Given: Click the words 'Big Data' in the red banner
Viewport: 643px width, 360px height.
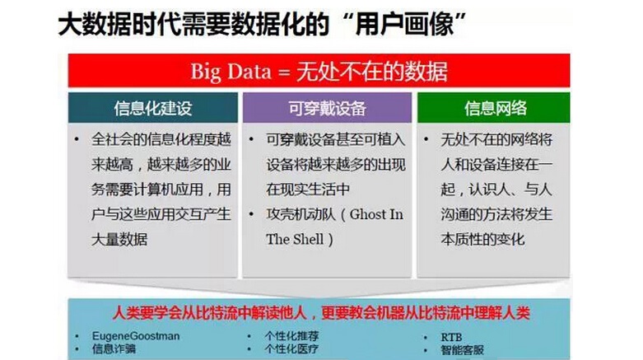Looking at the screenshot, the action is (231, 72).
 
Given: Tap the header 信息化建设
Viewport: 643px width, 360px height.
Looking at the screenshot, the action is (153, 109).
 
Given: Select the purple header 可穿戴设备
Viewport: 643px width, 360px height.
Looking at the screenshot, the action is (327, 109).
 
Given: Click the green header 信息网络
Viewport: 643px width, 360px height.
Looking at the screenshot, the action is (496, 109).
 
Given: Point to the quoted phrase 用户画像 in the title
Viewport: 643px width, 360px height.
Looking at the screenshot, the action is (405, 24).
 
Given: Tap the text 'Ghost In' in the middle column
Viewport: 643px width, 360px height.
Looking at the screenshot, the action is (376, 214).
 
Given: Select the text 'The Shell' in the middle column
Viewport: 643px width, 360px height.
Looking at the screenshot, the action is (295, 240).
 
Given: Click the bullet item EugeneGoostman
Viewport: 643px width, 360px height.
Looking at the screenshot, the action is (136, 336).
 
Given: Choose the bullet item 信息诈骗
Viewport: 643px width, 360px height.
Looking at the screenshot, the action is (114, 349).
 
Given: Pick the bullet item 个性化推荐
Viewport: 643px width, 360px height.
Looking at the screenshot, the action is (291, 336).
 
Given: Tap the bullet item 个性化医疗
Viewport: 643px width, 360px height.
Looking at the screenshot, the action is (291, 349).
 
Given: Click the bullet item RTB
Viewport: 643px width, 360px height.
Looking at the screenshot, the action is (451, 338).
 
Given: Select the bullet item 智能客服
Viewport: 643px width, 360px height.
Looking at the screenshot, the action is (463, 350).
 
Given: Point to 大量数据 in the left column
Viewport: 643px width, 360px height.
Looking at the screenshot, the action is (119, 240).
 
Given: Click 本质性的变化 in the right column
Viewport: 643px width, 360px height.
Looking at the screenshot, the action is (482, 240).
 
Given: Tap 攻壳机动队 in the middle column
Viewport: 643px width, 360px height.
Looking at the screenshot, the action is (301, 214).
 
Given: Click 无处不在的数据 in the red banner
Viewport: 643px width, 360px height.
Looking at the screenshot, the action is (372, 72).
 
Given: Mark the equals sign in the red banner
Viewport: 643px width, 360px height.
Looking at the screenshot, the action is (284, 72).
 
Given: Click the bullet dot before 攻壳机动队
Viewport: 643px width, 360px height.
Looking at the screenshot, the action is (251, 214).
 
